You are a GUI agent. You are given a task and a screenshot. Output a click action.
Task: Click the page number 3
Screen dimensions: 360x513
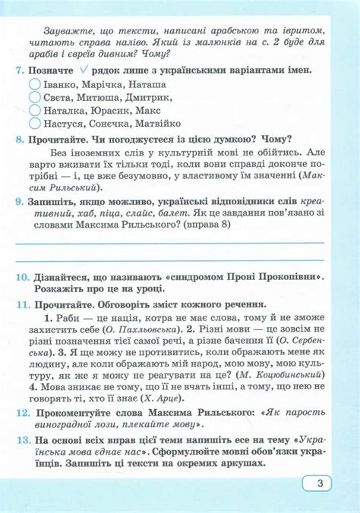(x=321, y=483)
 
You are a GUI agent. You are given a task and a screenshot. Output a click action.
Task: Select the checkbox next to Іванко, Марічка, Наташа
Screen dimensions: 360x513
(x=34, y=85)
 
